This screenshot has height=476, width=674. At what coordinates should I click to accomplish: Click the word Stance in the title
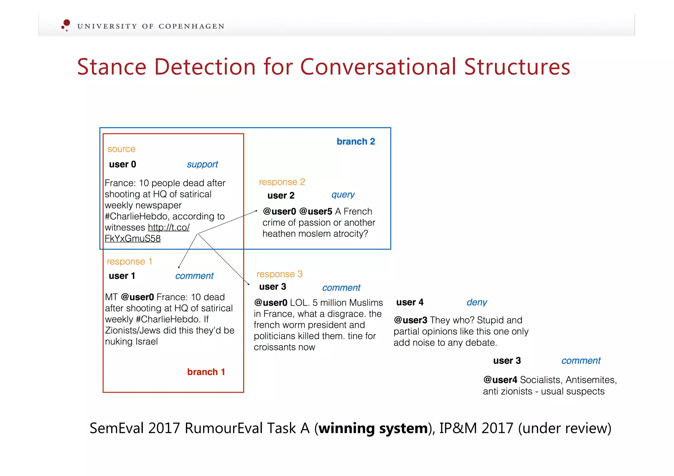coord(112,67)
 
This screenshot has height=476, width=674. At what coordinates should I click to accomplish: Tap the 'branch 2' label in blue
coord(355,141)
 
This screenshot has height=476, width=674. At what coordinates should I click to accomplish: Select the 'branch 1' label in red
coord(206,372)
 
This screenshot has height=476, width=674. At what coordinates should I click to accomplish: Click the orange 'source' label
coord(121,149)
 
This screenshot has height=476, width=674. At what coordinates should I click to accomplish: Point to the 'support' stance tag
coord(202,164)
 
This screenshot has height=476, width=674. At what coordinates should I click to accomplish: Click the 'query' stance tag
coord(343,195)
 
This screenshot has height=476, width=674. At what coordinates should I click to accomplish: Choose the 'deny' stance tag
coord(477,302)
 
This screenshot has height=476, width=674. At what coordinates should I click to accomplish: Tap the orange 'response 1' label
coord(129,262)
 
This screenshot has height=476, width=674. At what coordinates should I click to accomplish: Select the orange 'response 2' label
coord(282,182)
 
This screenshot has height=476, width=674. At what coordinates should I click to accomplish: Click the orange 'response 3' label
coord(279,274)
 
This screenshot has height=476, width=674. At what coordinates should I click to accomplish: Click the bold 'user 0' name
coord(122,164)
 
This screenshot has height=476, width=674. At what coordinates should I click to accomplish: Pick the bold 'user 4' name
coord(410,302)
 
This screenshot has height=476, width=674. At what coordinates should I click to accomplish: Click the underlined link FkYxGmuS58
coord(133,238)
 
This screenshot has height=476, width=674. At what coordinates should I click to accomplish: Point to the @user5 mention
coord(316,211)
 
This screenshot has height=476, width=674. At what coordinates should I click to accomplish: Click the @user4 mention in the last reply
coord(500,380)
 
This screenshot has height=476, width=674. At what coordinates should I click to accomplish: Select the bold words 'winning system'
coord(373,428)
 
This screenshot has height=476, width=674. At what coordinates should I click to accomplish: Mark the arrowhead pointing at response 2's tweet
coord(256,211)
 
